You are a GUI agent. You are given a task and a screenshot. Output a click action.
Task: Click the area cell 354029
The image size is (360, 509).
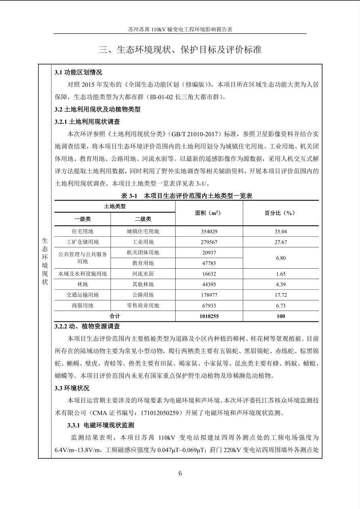209,232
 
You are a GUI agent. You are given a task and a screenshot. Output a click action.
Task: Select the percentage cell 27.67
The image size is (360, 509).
280,242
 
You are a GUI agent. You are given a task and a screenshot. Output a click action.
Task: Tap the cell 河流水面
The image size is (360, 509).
143,274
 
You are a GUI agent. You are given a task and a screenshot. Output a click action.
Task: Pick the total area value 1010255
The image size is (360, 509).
209,316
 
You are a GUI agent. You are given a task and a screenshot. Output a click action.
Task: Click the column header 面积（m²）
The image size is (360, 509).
209,213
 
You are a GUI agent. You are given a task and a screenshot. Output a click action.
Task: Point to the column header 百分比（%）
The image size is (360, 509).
280,213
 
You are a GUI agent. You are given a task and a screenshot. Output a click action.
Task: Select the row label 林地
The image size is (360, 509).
82,284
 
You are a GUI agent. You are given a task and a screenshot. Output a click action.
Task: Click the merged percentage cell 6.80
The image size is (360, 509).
280,258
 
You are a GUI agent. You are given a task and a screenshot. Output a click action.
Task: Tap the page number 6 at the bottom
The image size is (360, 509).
180,474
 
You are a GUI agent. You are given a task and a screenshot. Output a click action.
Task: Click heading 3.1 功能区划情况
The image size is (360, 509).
78,73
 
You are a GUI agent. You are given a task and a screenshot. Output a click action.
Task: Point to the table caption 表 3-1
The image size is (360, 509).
129,196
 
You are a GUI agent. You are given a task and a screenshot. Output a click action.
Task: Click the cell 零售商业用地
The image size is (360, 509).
143,306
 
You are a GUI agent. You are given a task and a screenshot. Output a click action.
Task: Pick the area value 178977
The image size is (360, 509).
209,295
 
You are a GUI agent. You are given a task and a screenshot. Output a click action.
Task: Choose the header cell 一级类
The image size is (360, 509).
82,219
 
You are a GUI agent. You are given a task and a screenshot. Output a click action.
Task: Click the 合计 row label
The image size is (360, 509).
115,316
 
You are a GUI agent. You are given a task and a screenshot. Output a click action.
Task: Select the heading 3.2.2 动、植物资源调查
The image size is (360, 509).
87,327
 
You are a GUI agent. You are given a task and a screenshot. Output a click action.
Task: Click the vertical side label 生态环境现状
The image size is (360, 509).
45,261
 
